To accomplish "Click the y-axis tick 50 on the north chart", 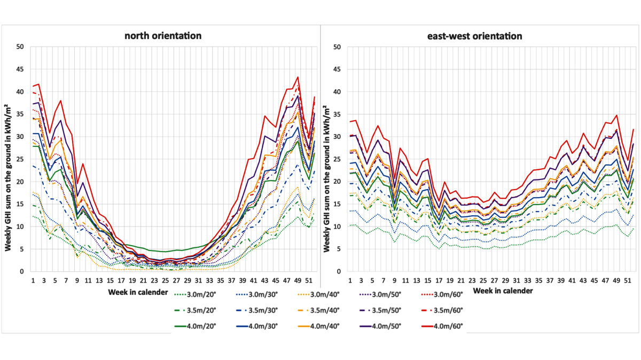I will point(20,47).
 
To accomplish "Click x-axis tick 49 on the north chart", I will point(298,280).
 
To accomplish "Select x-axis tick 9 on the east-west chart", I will point(394,280).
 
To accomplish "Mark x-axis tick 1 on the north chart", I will point(33,280).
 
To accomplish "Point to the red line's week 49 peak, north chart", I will point(298,77).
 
